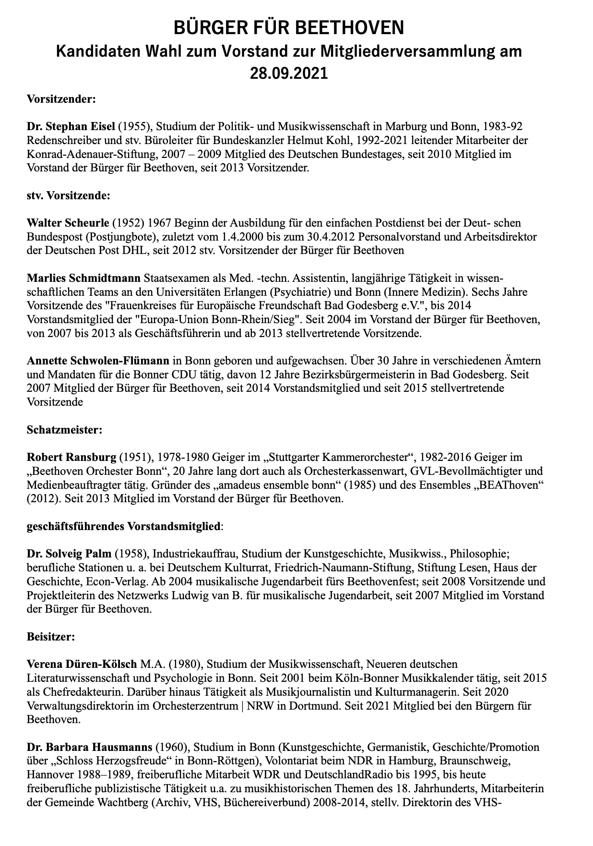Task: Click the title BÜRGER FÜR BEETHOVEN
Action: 289,28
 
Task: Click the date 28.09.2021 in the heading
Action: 289,73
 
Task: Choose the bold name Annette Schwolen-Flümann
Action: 98,361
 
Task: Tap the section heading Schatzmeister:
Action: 64,430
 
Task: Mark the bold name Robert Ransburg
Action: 71,457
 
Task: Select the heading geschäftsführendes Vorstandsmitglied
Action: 124,526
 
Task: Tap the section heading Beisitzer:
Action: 50,637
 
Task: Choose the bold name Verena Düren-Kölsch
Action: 83,665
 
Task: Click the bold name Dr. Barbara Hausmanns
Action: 89,748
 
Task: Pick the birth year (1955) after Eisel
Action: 135,127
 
